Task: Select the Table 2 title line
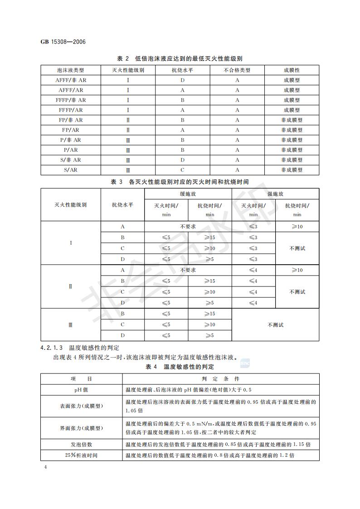180,59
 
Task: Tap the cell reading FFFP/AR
71,110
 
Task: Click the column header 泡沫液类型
71,70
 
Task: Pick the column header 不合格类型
237,70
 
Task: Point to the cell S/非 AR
71,160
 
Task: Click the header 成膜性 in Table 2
292,70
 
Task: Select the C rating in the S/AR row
182,170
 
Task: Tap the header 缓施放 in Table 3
188,194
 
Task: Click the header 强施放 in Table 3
275,194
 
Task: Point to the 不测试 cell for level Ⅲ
275,325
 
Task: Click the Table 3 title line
180,182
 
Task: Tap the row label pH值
81,390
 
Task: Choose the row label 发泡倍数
81,445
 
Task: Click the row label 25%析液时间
81,455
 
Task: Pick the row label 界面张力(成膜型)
81,428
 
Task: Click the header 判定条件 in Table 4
220,379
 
